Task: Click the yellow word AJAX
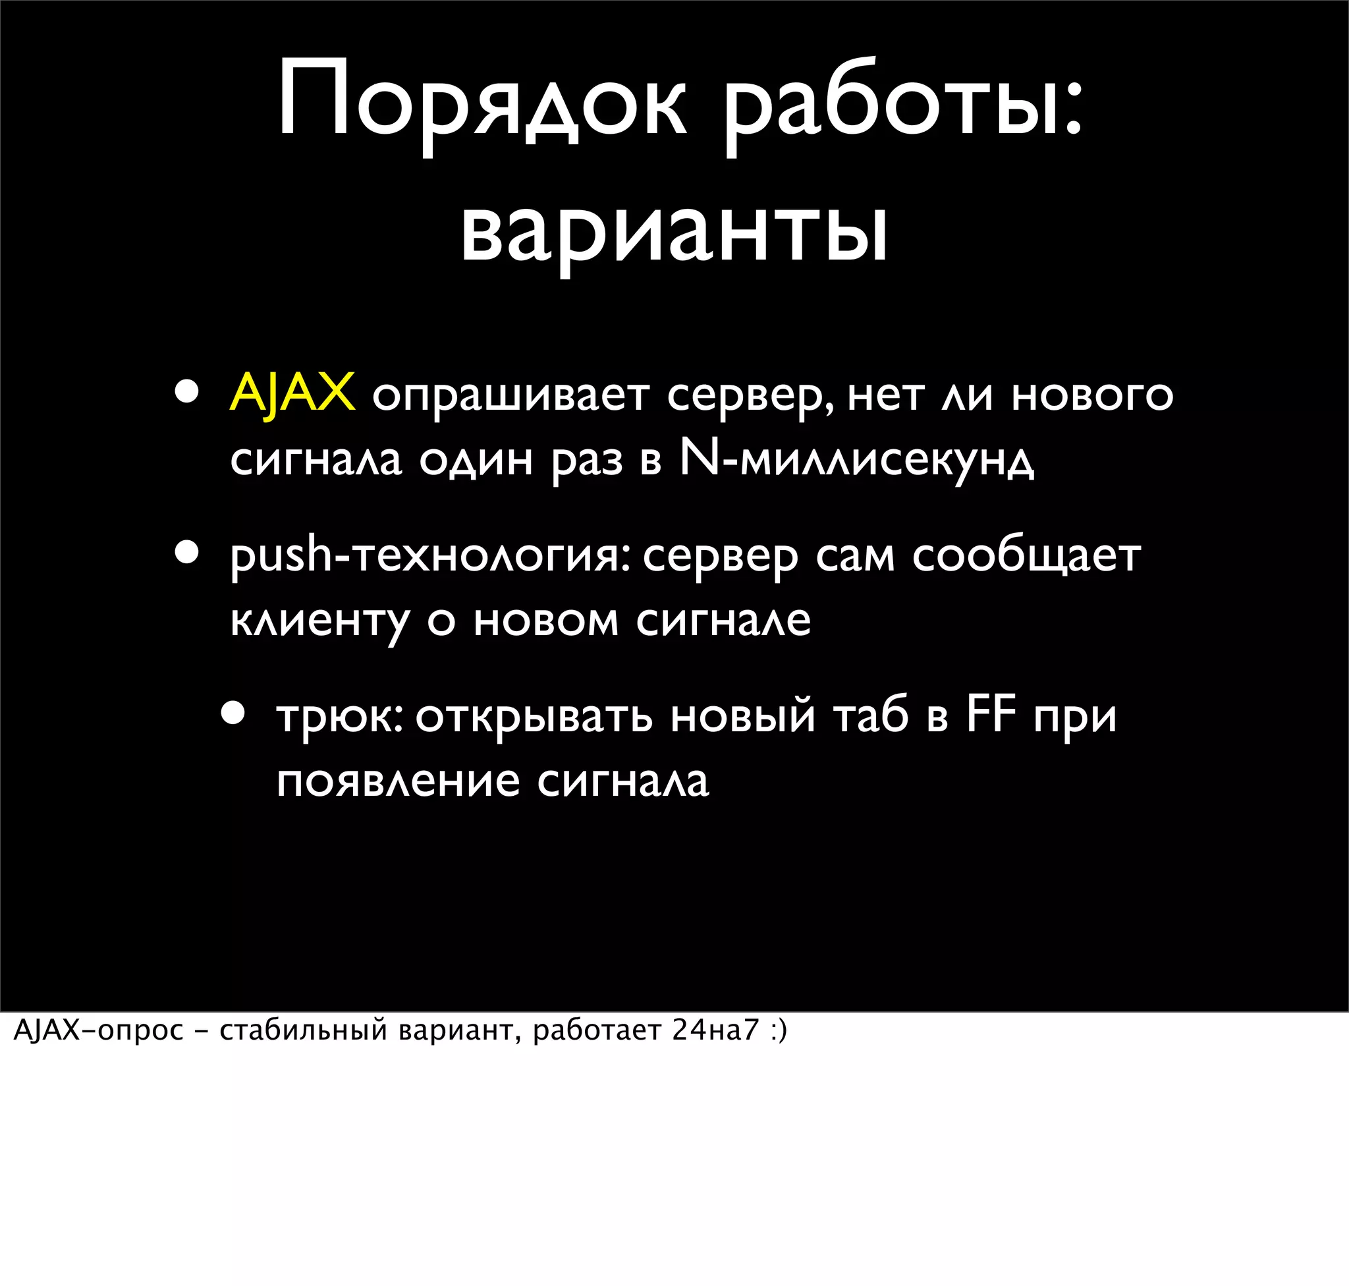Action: coord(292,394)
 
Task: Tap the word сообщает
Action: coord(1026,556)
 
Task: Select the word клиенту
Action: coord(320,621)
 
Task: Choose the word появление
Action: coord(399,781)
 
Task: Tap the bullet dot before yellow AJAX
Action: coord(186,392)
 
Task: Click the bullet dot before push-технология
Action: coord(186,552)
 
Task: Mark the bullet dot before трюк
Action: coord(233,713)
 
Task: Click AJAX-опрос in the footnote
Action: coord(99,1030)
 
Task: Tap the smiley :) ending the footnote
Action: coord(779,1031)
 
